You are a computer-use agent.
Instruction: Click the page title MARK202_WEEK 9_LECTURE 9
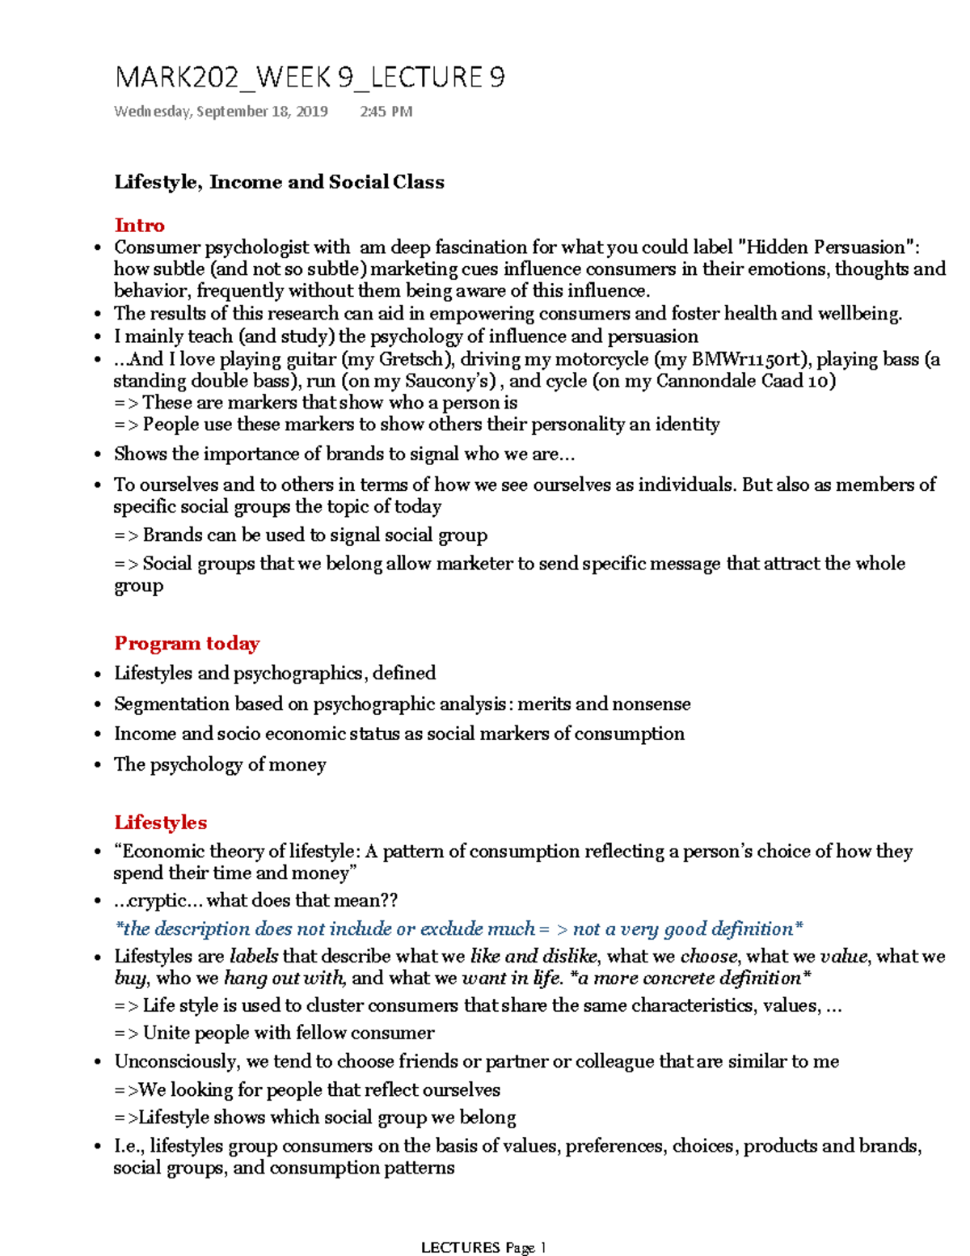tap(310, 78)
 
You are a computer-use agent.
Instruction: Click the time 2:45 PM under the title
tap(386, 112)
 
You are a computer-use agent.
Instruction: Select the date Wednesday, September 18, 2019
tap(221, 112)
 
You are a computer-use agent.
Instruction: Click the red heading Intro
tap(139, 226)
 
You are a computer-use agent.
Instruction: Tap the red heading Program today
tap(187, 644)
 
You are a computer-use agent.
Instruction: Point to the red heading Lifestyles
tap(160, 823)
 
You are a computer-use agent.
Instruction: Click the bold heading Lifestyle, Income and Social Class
tap(279, 182)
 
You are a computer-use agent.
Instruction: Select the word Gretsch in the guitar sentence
tap(411, 359)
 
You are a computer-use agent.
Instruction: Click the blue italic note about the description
tap(459, 928)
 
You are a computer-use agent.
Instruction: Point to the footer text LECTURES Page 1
tap(483, 1247)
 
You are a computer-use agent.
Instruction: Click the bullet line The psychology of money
tap(220, 764)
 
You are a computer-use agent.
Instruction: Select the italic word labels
tap(254, 957)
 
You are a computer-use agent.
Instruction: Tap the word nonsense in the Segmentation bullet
tap(651, 704)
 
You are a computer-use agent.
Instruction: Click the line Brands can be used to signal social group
tap(314, 535)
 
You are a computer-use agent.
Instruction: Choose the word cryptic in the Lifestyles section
tap(152, 901)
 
